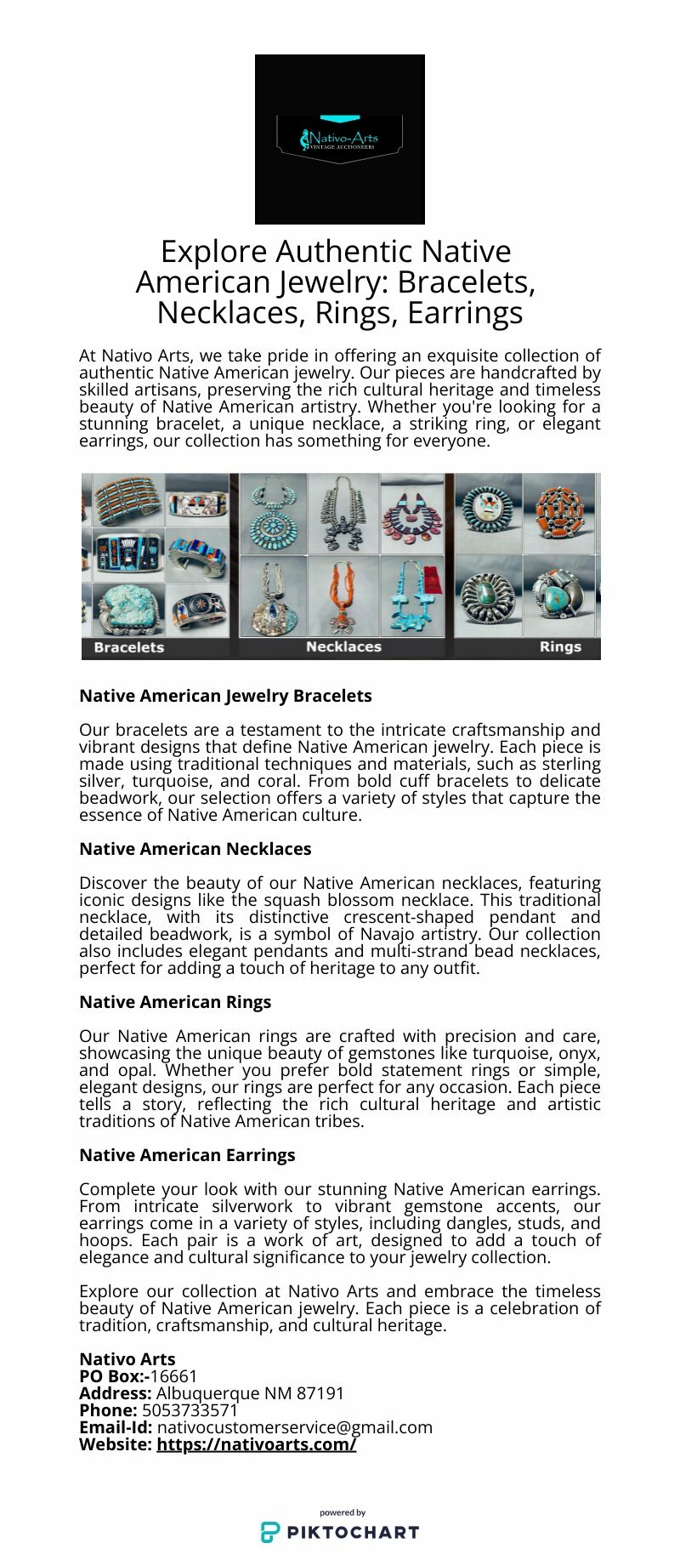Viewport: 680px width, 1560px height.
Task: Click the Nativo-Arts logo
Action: (x=339, y=139)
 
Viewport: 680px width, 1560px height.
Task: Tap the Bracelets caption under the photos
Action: (x=129, y=647)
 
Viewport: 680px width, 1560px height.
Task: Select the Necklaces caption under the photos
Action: (x=343, y=647)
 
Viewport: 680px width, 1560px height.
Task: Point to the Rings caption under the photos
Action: (x=560, y=647)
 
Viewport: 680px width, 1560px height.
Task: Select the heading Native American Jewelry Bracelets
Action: (x=225, y=696)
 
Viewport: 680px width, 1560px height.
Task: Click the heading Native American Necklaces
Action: (x=195, y=849)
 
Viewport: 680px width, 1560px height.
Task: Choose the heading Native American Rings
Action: (x=175, y=1002)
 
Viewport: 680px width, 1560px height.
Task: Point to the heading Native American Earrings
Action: (x=187, y=1155)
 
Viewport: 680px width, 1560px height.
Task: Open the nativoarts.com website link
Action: (x=256, y=1444)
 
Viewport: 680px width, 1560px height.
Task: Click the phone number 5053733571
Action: (x=190, y=1410)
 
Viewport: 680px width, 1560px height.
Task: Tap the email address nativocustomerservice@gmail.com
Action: (x=294, y=1427)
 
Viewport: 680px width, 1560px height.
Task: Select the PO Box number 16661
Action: (x=173, y=1376)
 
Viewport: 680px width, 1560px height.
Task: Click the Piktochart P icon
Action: (x=270, y=1532)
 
